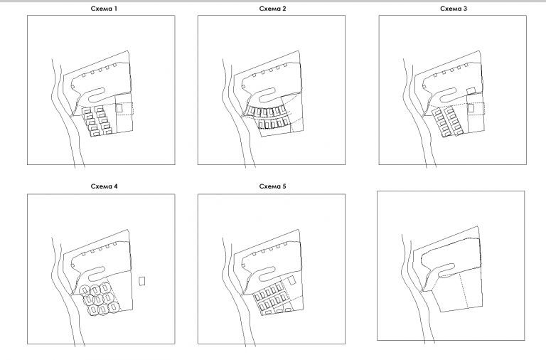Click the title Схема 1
point(104,9)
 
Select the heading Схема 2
point(273,9)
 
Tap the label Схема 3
point(454,9)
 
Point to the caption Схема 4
point(104,186)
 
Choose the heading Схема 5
point(273,186)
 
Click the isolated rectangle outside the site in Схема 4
point(142,281)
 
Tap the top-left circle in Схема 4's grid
point(85,290)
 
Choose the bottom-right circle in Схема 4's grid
point(114,307)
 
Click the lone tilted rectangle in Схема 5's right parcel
point(291,280)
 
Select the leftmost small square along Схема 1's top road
point(84,75)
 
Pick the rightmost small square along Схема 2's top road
point(285,65)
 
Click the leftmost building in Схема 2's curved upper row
point(253,111)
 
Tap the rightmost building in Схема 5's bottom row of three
point(288,309)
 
